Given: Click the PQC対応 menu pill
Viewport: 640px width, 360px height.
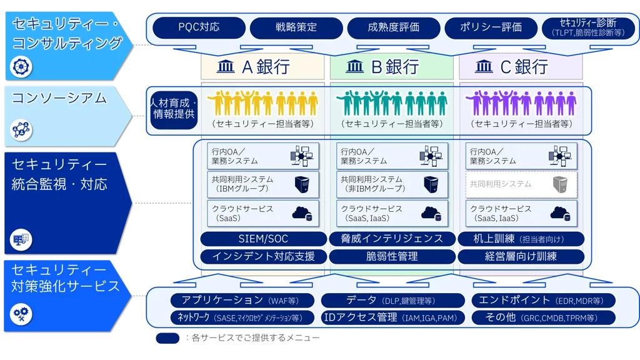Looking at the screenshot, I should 199,27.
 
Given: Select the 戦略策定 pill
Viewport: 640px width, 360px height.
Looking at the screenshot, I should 296,27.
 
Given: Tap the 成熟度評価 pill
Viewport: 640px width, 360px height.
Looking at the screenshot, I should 393,27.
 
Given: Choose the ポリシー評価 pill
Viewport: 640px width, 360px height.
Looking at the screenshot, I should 491,27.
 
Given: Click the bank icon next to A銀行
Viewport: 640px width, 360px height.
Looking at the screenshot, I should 226,66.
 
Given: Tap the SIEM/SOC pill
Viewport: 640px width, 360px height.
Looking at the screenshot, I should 263,239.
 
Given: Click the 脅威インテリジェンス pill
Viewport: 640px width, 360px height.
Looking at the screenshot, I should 392,239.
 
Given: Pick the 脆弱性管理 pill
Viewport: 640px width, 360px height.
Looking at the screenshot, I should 392,256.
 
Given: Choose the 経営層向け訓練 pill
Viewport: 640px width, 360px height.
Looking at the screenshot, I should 521,256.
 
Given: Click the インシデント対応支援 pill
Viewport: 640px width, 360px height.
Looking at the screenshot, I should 263,256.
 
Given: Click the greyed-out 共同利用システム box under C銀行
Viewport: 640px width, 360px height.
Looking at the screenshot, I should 521,184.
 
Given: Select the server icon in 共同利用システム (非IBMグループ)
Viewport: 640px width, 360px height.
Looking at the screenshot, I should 431,184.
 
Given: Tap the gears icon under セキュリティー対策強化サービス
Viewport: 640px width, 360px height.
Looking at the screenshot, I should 21,313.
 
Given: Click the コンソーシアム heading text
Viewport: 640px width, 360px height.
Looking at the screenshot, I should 59,98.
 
